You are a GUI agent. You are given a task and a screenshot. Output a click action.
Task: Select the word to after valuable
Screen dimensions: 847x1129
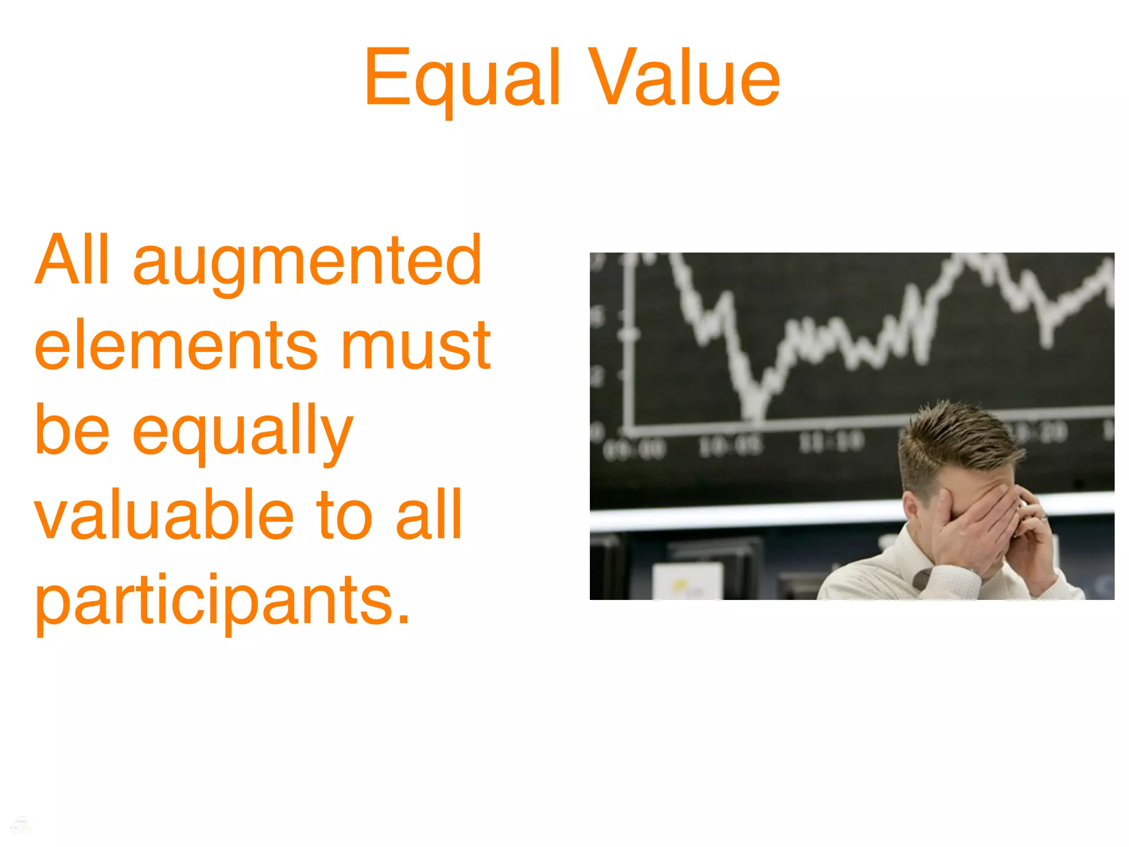345,516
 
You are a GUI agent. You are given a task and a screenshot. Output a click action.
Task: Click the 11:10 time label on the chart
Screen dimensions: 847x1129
831,441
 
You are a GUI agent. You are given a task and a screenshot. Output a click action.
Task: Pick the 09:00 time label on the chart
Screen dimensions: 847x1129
634,449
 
